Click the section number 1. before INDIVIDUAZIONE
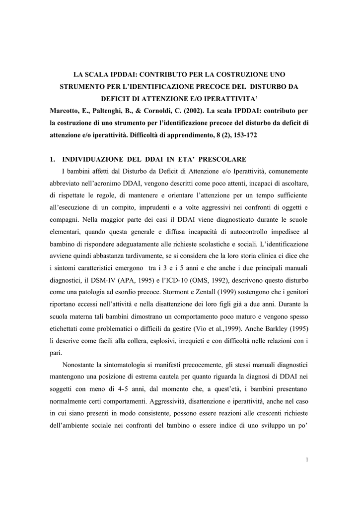tap(53, 159)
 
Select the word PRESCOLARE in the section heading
tap(222, 159)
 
